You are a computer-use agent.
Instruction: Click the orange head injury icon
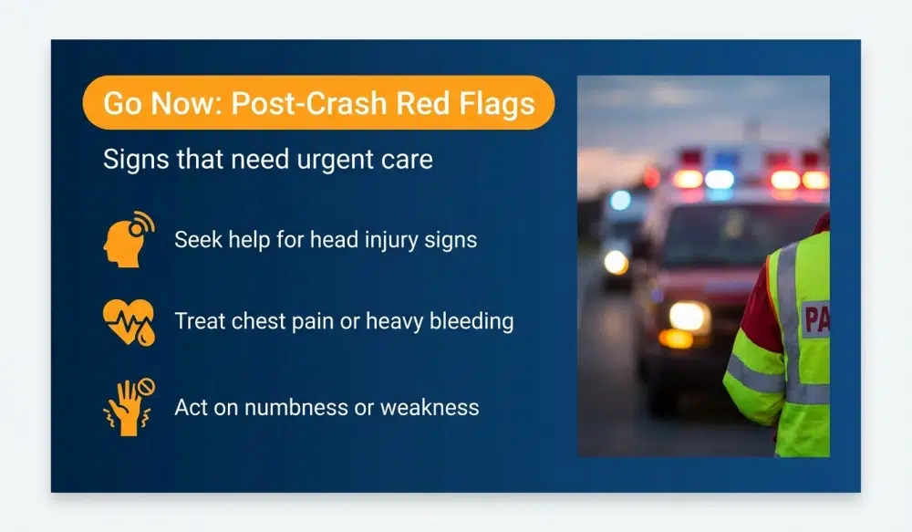(x=128, y=240)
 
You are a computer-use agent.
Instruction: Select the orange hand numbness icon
(x=128, y=406)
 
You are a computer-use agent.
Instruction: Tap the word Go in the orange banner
(x=121, y=103)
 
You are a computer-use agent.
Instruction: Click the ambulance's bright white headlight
(x=689, y=317)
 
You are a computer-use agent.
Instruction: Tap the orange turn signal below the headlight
(x=677, y=339)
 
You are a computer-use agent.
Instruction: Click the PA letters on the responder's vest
(x=815, y=318)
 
